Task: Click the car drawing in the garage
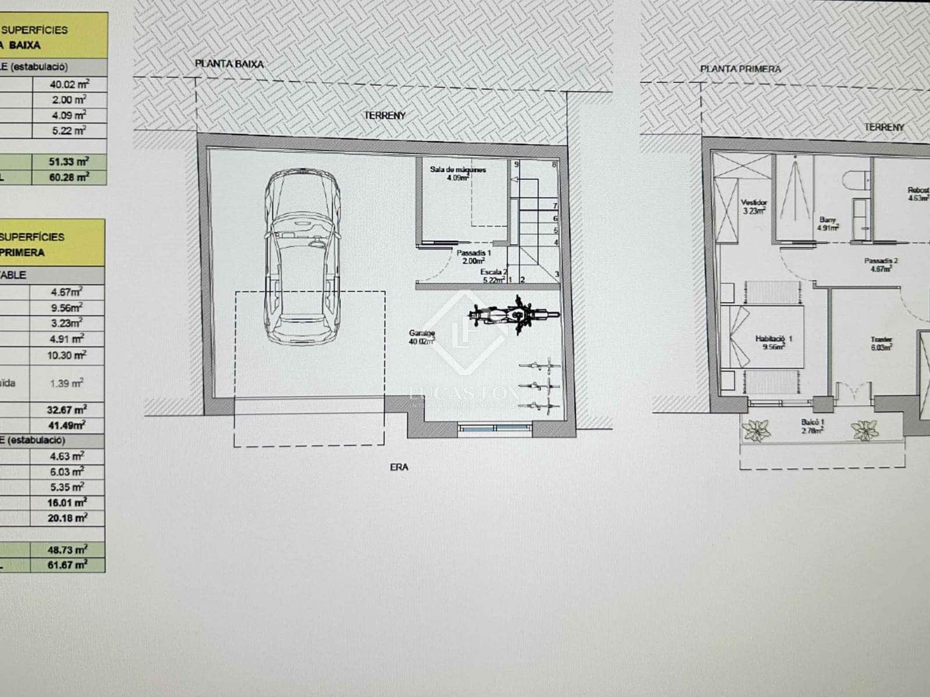pyautogui.click(x=302, y=258)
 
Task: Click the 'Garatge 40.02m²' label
pyautogui.click(x=422, y=337)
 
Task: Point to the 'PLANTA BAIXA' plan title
pyautogui.click(x=229, y=64)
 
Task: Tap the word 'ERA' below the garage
pyautogui.click(x=399, y=466)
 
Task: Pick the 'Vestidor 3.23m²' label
pyautogui.click(x=752, y=206)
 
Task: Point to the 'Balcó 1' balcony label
pyautogui.click(x=812, y=426)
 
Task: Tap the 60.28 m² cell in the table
pyautogui.click(x=69, y=177)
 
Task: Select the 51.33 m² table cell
pyautogui.click(x=69, y=161)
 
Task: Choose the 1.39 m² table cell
pyautogui.click(x=67, y=383)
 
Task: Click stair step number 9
pyautogui.click(x=516, y=164)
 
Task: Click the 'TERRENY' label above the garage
pyautogui.click(x=385, y=116)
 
